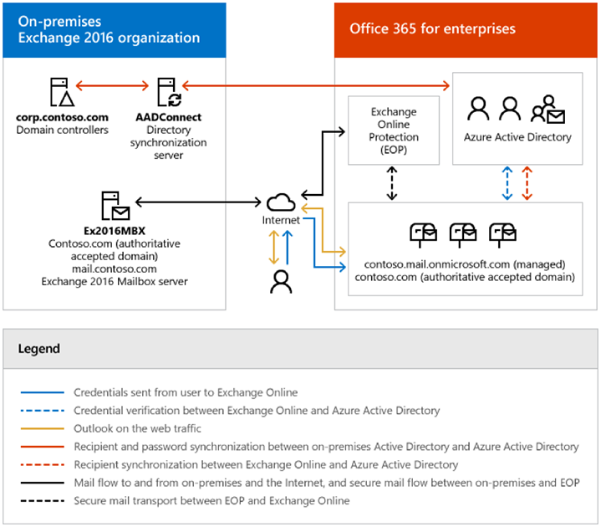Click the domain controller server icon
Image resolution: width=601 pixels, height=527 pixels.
[62, 92]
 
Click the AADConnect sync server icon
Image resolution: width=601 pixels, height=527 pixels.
[170, 92]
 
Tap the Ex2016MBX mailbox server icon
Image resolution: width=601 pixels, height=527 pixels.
[115, 206]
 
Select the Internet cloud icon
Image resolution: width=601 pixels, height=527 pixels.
[281, 202]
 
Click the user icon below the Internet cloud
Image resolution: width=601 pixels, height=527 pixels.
[281, 282]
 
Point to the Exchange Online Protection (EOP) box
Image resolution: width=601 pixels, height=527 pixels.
[394, 130]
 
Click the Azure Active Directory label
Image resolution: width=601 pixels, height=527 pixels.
[517, 137]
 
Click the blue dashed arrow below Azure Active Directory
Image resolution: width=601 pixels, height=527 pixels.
[507, 183]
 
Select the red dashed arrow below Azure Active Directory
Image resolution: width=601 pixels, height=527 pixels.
[527, 183]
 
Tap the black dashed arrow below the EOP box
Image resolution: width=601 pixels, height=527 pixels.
[392, 183]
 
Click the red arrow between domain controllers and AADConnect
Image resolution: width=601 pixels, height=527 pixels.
[112, 85]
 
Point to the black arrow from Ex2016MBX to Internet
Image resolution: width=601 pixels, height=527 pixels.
[198, 202]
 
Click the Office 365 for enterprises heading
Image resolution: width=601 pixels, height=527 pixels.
[432, 28]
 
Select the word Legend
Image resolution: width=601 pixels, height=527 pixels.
[39, 348]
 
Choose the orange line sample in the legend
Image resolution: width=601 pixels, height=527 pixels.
[42, 428]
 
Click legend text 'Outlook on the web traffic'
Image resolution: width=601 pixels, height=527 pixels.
[137, 428]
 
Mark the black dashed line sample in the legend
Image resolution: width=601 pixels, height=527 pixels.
[42, 500]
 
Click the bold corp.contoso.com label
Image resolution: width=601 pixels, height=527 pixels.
[62, 117]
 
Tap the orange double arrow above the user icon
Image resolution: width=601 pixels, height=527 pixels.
[273, 248]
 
